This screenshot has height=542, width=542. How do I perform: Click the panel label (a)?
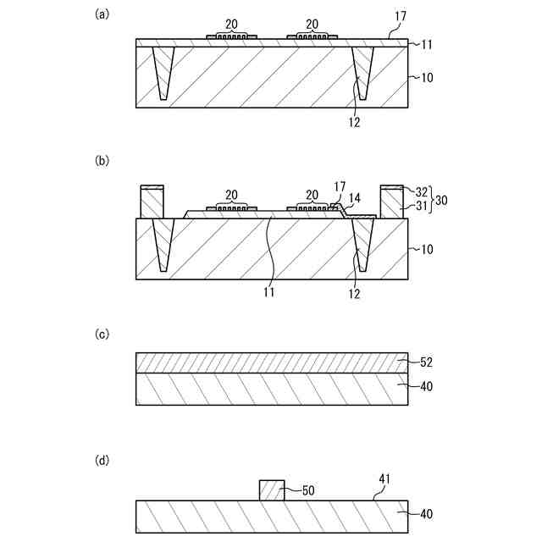tap(102, 14)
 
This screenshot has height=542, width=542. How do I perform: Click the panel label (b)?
tap(102, 160)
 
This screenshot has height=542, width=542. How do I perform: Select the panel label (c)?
tap(102, 334)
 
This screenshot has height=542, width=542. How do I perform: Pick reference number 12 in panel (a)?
tap(354, 121)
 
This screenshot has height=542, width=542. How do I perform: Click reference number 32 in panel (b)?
tap(421, 191)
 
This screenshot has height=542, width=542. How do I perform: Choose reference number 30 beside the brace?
tap(443, 199)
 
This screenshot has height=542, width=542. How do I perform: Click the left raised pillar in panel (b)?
tap(152, 203)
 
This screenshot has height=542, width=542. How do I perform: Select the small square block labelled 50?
tap(271, 489)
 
